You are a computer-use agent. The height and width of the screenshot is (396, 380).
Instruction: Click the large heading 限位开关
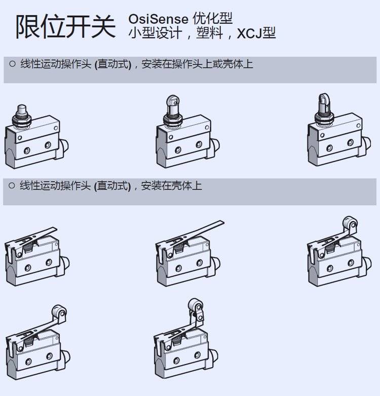(65, 27)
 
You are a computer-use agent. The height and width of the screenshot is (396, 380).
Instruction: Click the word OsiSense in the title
(158, 19)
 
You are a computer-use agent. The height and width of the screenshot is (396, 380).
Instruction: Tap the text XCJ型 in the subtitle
(256, 33)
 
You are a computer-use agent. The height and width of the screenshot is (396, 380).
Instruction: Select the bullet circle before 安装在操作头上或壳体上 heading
(12, 64)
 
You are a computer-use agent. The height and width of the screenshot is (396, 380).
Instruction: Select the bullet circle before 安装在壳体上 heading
(12, 186)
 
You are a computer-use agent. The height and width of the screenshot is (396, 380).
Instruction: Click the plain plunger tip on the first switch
(21, 109)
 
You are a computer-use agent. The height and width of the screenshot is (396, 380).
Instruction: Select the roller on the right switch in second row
(350, 223)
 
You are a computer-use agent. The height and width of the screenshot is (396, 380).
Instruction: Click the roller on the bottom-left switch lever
(59, 311)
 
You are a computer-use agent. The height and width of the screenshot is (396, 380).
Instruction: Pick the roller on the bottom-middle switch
(196, 305)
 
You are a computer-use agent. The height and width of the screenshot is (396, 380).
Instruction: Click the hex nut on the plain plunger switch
(21, 119)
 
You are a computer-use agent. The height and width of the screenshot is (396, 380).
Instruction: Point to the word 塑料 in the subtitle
(209, 33)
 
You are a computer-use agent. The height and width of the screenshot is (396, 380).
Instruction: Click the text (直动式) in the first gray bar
(113, 64)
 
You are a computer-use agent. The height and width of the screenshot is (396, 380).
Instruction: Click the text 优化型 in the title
(212, 18)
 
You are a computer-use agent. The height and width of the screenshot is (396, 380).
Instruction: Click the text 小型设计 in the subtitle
(155, 33)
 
